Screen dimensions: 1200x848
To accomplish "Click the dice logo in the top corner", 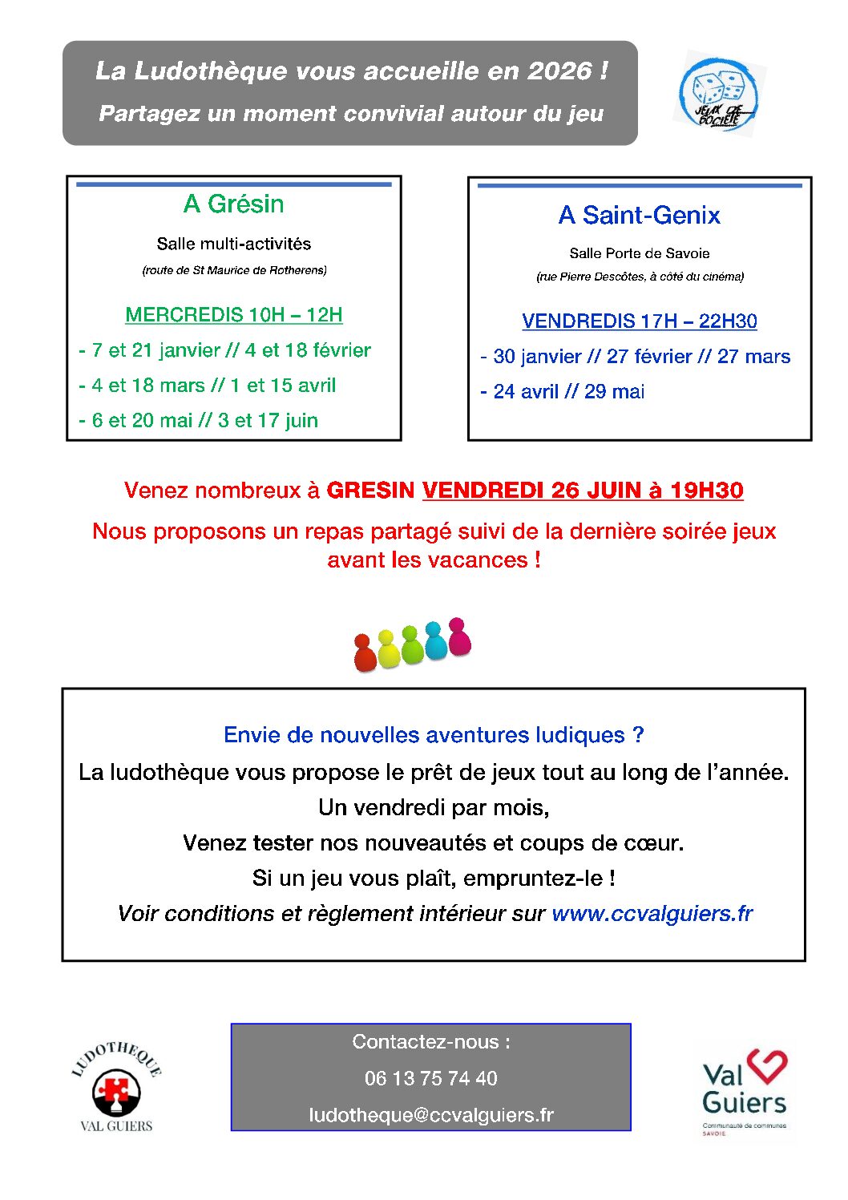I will click(x=719, y=93).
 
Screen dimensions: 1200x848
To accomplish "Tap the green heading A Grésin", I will click(x=233, y=204).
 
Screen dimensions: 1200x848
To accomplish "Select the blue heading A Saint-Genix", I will click(x=639, y=215).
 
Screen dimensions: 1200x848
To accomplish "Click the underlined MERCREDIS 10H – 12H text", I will click(x=233, y=314).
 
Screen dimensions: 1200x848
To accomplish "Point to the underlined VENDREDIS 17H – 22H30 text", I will click(x=639, y=321).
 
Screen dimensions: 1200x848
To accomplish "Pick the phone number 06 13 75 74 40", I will click(x=430, y=1078).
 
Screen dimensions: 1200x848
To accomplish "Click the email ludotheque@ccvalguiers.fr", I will click(x=430, y=1114).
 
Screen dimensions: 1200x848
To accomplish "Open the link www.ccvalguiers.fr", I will click(x=652, y=913).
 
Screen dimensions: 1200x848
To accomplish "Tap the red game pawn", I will click(x=365, y=653).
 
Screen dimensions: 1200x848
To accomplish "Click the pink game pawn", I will click(x=459, y=636).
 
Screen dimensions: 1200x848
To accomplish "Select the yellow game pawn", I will click(x=388, y=648).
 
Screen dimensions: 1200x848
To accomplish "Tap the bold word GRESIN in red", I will click(x=370, y=490).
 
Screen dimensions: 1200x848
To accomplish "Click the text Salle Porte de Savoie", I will click(x=639, y=253).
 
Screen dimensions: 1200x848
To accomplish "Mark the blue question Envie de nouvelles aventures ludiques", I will click(x=433, y=734).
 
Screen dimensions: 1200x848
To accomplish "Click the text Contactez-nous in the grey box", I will click(x=430, y=1041).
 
